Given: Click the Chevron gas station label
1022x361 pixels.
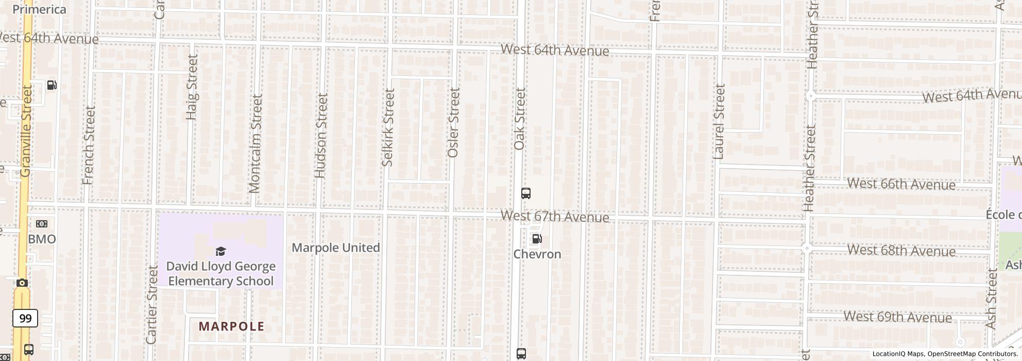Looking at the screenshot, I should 537,254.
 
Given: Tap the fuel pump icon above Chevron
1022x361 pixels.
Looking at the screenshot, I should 537,239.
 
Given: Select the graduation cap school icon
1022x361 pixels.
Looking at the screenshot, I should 220,252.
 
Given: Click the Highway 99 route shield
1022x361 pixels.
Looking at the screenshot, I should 25,318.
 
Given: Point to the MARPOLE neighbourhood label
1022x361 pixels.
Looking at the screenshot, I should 231,326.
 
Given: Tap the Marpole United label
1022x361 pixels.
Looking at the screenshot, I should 336,248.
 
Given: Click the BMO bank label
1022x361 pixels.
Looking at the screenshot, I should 42,239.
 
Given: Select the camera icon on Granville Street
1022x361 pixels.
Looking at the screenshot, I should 22,283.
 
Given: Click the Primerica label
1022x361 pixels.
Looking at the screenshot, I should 39,9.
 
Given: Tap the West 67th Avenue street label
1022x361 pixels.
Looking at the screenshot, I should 555,217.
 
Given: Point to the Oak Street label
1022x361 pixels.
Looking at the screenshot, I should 520,119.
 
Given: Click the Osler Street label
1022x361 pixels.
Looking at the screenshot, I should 454,123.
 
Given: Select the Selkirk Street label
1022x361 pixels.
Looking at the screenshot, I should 388,127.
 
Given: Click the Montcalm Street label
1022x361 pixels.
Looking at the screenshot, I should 255,143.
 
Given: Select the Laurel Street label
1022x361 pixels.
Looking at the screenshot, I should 719,122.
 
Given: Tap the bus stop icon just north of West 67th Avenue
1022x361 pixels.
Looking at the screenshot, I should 525,193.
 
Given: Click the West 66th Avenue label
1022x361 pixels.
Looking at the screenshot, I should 901,184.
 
